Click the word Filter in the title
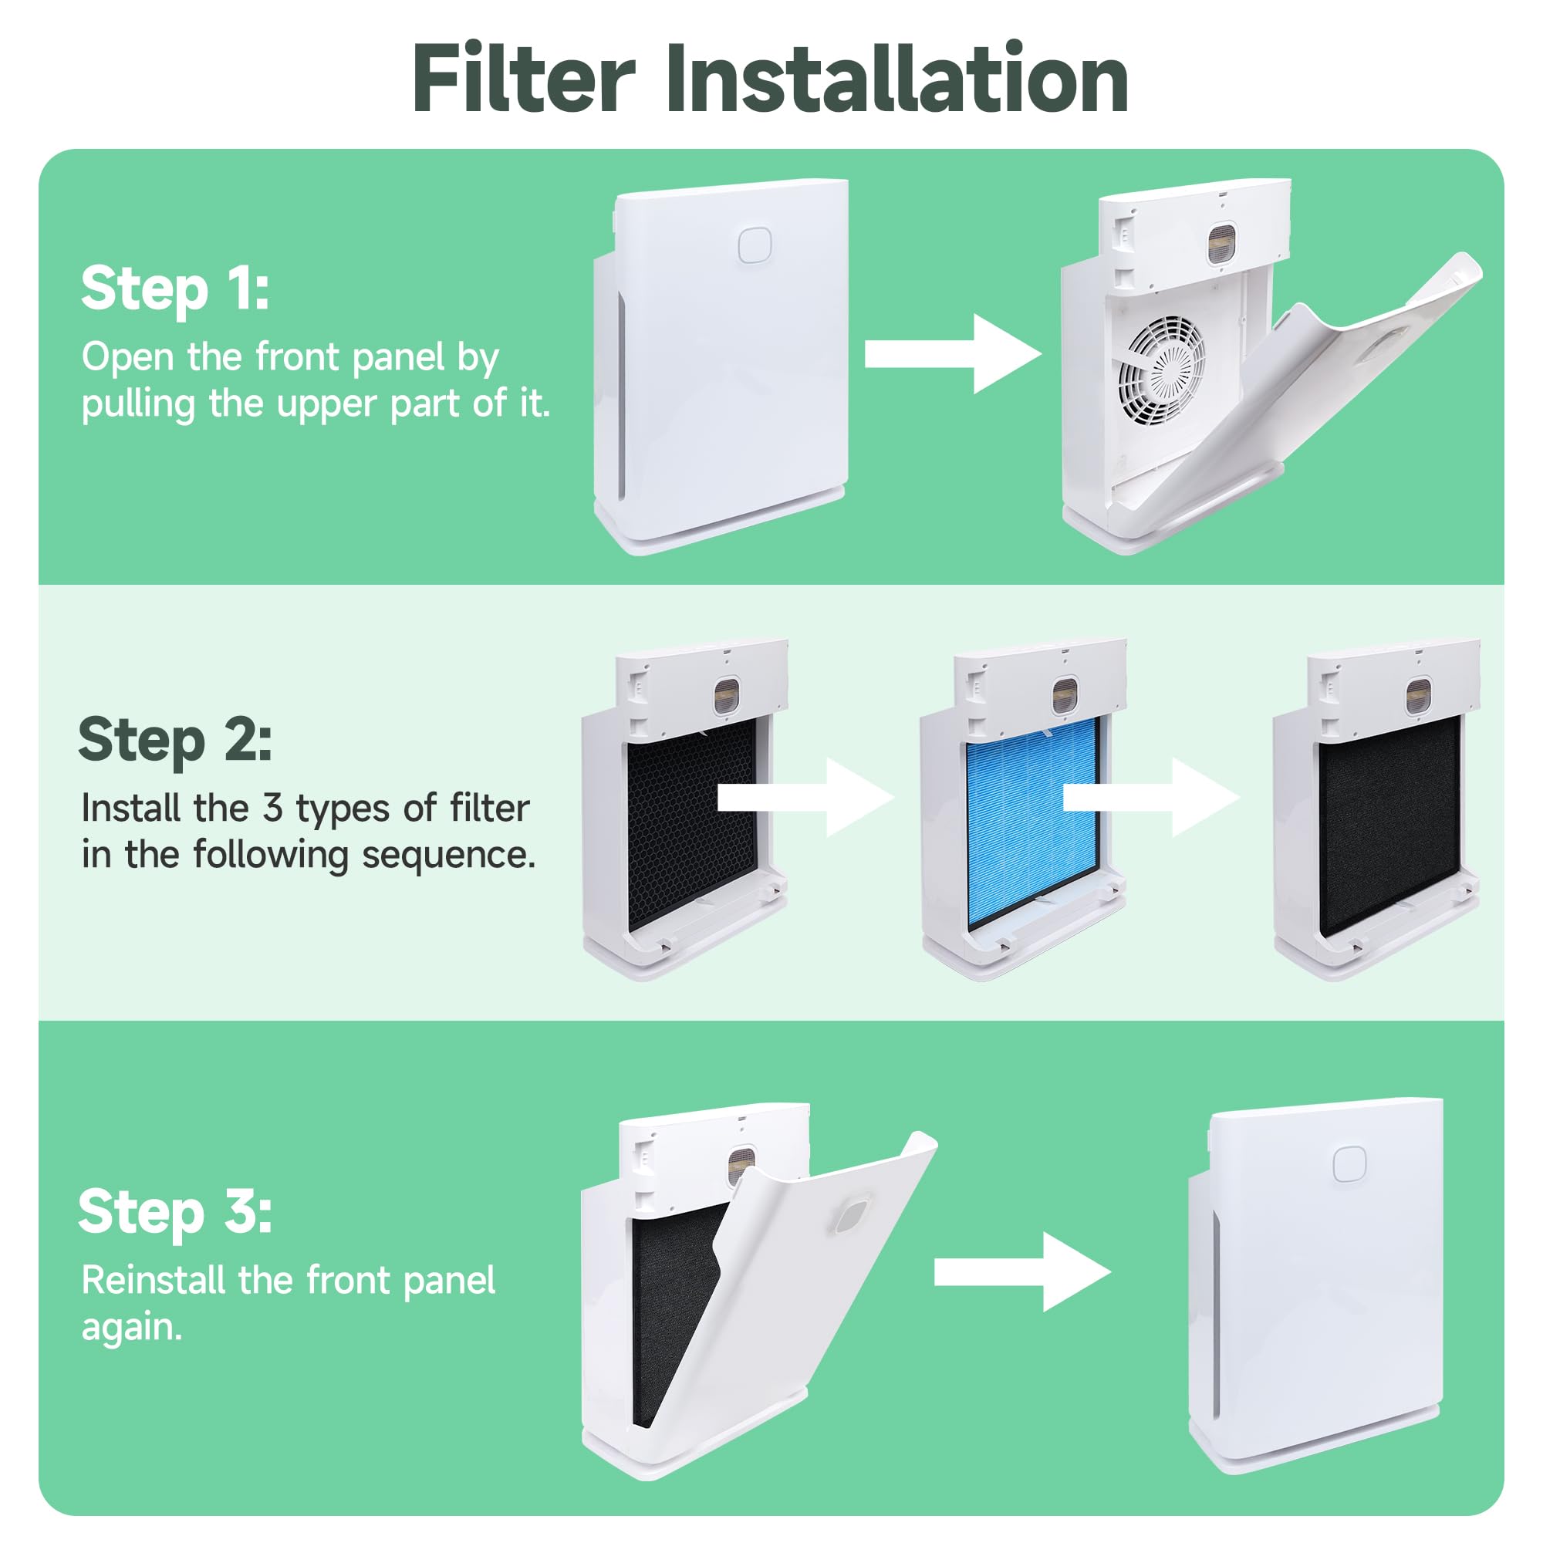[524, 78]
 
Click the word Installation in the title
[898, 78]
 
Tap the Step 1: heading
[175, 289]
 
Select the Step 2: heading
[175, 741]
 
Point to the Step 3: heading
[175, 1211]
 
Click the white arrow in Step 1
[954, 354]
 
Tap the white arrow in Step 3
[1023, 1271]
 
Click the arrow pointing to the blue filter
[806, 797]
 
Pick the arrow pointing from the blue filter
[1152, 797]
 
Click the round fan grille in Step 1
[1161, 369]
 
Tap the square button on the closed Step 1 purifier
[754, 245]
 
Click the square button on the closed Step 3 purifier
[1349, 1164]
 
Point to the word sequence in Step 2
[449, 856]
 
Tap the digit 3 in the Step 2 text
[273, 809]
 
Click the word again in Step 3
[132, 1329]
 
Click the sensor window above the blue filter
[1065, 697]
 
